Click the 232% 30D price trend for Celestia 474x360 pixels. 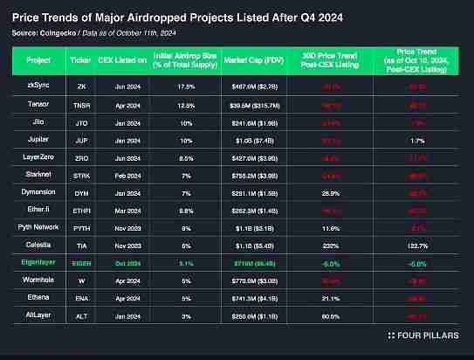click(330, 244)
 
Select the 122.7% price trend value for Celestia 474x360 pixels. click(416, 244)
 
